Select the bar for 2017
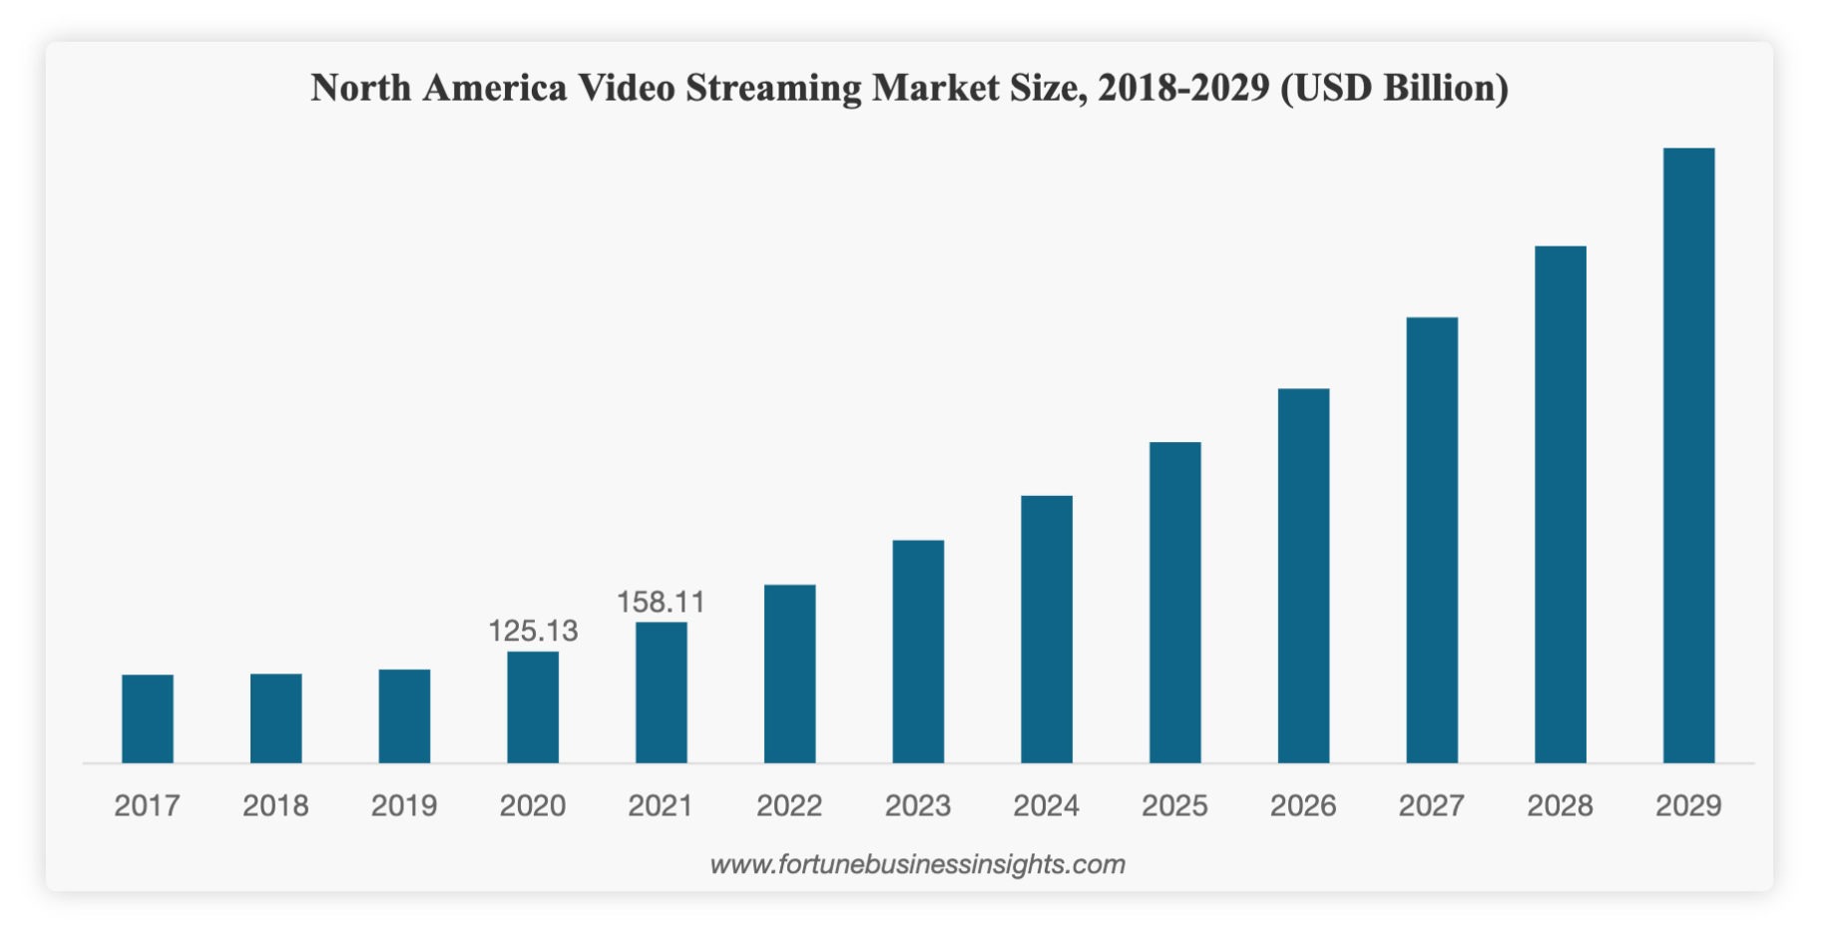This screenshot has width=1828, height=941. click(x=148, y=718)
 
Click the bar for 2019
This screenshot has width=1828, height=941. click(x=404, y=715)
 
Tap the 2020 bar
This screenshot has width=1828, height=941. click(x=533, y=706)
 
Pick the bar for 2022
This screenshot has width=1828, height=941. click(x=789, y=674)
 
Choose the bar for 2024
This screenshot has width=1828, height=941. click(x=1047, y=629)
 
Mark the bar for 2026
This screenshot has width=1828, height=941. click(x=1303, y=576)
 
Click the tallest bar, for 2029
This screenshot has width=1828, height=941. click(x=1688, y=455)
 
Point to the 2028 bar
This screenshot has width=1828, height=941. click(x=1560, y=504)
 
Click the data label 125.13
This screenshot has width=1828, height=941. click(x=533, y=631)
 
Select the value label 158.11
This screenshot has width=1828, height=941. click(x=661, y=602)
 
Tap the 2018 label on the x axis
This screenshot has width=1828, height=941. click(x=275, y=805)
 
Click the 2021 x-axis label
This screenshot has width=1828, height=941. click(x=661, y=805)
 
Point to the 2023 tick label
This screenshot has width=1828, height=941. click(x=918, y=805)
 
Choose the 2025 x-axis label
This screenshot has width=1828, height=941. click(x=1174, y=805)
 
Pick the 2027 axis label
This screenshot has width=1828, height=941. click(x=1431, y=805)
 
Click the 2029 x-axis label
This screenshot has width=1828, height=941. click(x=1688, y=805)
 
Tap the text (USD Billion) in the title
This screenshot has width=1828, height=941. click(x=1395, y=89)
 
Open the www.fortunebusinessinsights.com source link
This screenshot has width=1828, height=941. click(x=917, y=864)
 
